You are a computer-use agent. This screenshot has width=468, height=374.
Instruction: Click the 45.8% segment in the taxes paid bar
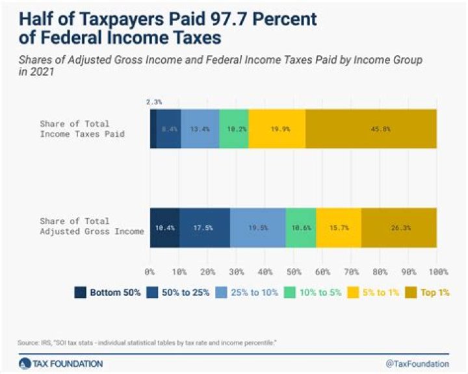[370, 129]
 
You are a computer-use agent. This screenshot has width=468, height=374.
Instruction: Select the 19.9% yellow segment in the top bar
[277, 129]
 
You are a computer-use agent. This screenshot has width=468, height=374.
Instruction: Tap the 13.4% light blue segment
[200, 129]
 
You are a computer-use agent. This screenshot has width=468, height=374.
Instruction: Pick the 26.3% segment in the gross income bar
[398, 227]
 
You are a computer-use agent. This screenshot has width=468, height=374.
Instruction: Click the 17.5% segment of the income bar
[205, 227]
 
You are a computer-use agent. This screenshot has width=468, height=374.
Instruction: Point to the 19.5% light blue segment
[257, 227]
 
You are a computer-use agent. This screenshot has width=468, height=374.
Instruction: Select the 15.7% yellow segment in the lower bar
[338, 227]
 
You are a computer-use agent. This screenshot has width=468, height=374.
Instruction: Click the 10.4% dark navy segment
[164, 227]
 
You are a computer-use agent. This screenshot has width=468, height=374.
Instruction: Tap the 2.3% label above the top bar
[154, 101]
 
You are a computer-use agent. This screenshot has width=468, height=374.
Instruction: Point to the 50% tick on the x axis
[293, 271]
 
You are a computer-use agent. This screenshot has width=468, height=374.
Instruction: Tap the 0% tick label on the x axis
[150, 271]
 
